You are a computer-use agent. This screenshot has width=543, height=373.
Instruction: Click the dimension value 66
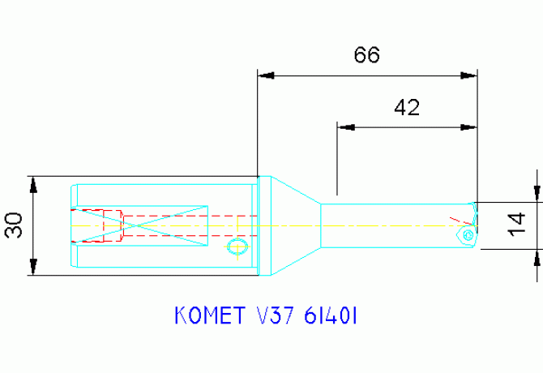[x=367, y=55]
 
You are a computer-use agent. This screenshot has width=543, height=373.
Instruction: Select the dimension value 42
[x=406, y=107]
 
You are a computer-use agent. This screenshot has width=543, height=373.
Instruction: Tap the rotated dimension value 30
[x=13, y=226]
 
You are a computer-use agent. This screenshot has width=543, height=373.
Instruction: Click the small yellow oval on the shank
[x=236, y=246]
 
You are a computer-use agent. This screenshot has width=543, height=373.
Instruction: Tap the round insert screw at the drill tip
[x=469, y=234]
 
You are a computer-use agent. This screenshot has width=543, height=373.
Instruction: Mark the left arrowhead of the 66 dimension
[x=267, y=75]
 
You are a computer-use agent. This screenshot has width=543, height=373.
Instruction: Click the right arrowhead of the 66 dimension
[x=468, y=75]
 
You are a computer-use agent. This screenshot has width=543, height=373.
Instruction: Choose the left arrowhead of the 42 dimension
[x=346, y=127]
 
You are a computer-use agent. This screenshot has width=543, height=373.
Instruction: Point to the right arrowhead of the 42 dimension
[x=468, y=127]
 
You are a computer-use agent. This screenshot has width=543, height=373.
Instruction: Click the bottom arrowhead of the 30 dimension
[x=33, y=268]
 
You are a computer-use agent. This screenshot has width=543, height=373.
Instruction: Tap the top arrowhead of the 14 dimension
[x=537, y=192]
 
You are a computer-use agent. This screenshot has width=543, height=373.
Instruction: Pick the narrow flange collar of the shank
[x=263, y=225]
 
